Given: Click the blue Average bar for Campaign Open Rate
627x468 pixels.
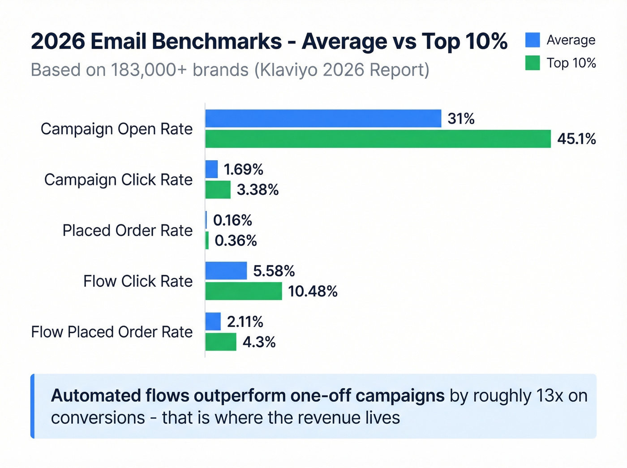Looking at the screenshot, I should [323, 119].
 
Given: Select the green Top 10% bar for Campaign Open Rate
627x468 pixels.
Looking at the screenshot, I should [378, 139].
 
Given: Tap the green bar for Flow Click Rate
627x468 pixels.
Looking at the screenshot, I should [244, 291].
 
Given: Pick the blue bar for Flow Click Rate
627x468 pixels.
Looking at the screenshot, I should [226, 271].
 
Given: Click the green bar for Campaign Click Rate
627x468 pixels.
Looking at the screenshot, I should [218, 190].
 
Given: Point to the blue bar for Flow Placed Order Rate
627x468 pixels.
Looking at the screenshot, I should [213, 322].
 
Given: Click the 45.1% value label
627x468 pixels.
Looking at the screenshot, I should [576, 139].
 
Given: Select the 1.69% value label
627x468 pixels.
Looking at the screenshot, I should [243, 170].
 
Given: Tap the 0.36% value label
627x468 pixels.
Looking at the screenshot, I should [236, 241].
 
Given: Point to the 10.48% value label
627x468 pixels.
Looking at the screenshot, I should [313, 292].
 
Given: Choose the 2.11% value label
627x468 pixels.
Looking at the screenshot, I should [245, 322].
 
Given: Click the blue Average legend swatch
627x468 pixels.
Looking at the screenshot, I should [533, 40].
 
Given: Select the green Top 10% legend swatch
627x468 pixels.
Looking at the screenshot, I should [533, 63].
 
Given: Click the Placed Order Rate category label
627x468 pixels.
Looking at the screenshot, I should [127, 231].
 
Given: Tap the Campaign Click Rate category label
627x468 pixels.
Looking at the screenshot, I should [118, 180].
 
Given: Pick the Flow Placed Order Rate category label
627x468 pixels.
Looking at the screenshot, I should [112, 332].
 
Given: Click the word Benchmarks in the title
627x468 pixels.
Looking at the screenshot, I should [217, 42].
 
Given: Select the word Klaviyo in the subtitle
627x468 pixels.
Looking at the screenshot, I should [288, 70].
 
